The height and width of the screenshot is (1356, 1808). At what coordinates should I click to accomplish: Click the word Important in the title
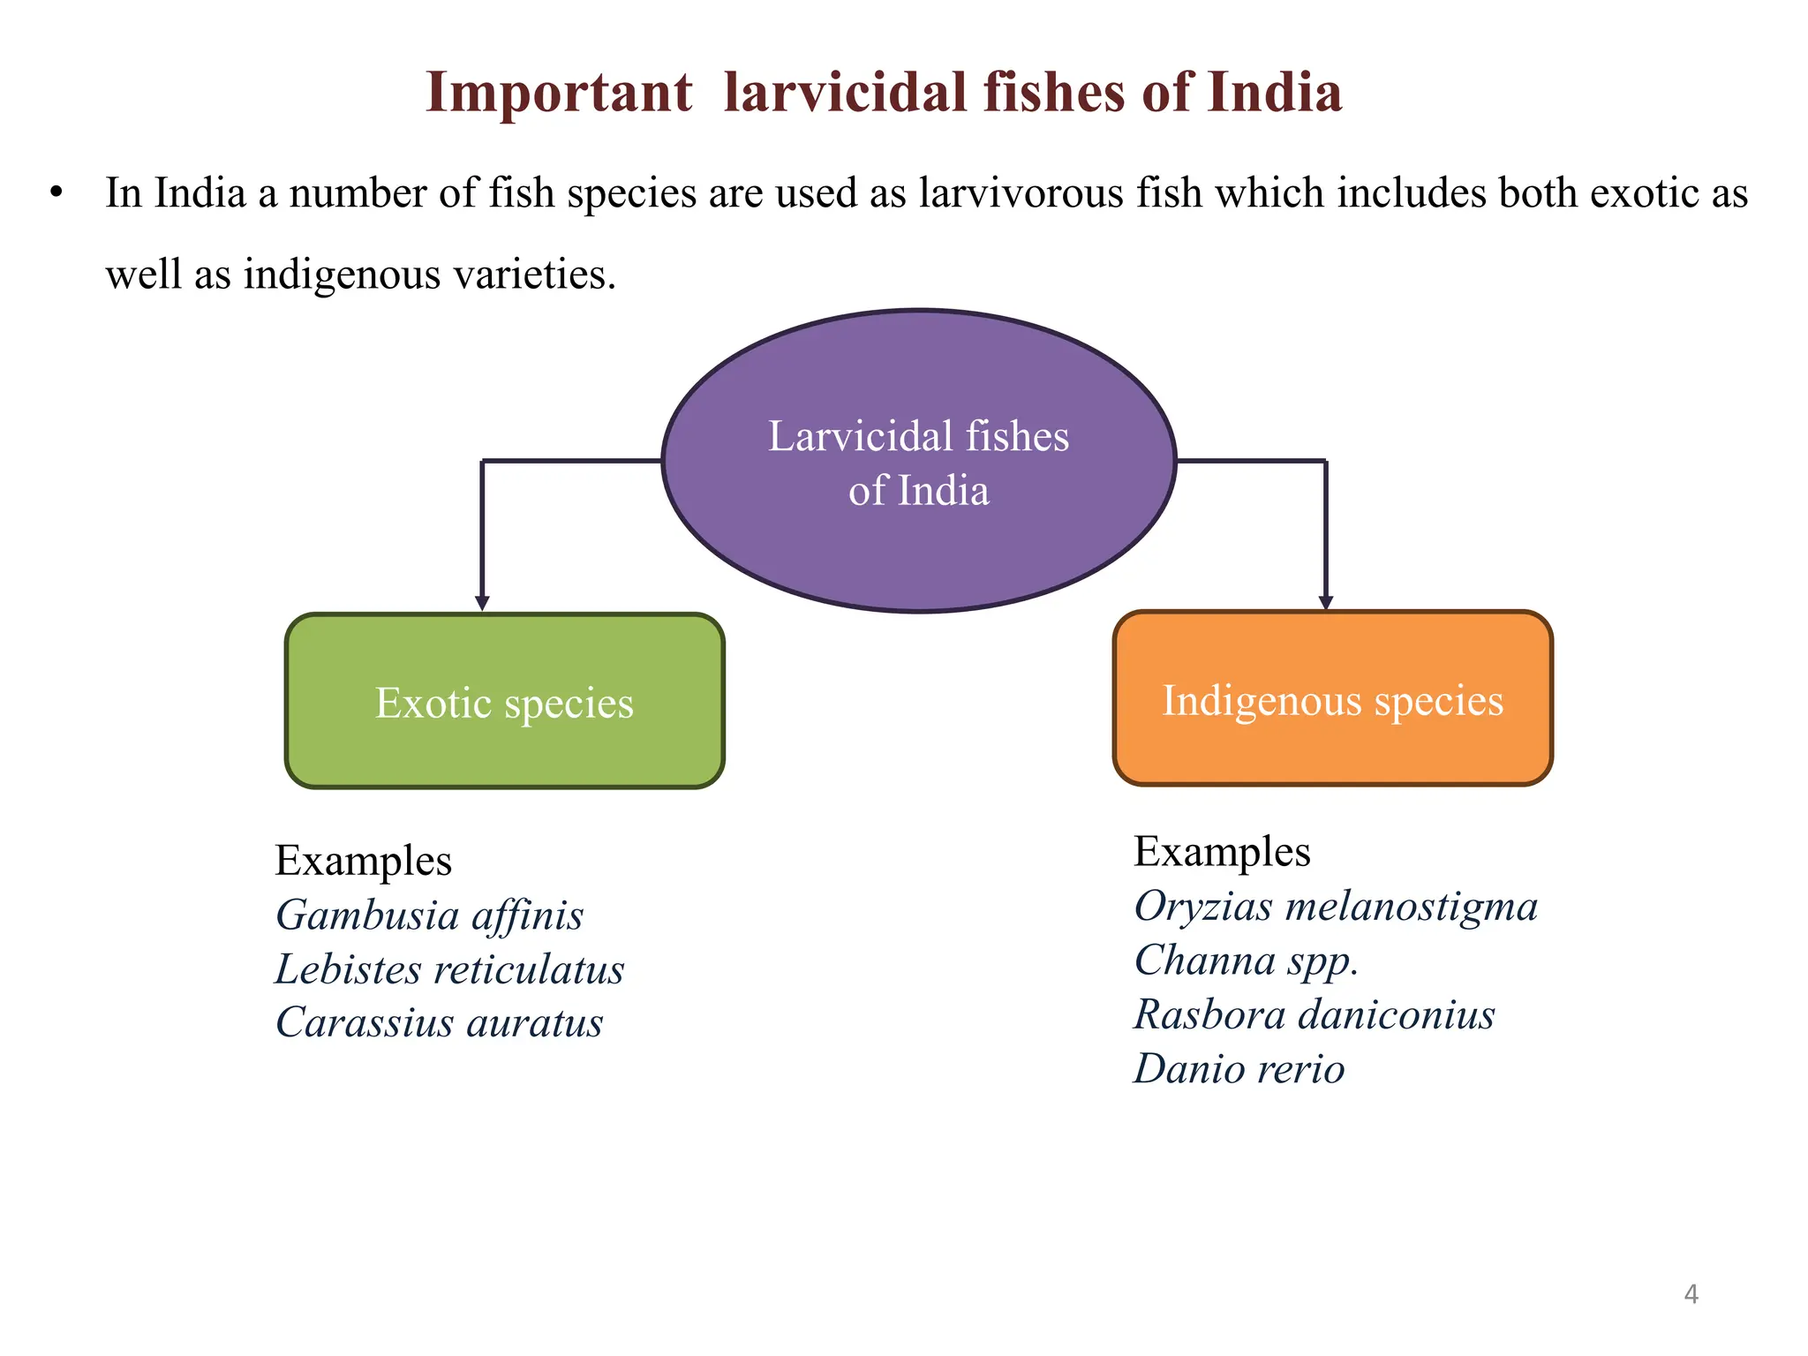coord(558,93)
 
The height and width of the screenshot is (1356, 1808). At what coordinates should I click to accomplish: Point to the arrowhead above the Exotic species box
coord(482,603)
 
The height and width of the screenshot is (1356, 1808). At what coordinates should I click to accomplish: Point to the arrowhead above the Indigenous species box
coord(1325,602)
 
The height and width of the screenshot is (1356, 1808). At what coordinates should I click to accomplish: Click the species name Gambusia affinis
coord(429,915)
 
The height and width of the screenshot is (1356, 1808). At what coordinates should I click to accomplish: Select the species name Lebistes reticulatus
coord(449,969)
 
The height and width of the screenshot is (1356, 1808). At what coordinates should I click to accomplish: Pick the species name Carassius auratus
coord(439,1022)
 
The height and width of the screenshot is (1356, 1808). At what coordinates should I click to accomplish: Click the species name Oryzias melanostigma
coord(1336,907)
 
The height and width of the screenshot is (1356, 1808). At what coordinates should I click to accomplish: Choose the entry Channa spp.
coord(1246,960)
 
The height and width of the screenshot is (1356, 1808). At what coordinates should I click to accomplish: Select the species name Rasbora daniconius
coord(1314,1014)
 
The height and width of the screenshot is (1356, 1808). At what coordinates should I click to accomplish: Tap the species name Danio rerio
coord(1239,1069)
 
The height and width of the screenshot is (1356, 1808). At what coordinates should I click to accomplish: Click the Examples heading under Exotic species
coord(363,861)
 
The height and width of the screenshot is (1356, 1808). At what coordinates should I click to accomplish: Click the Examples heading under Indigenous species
coord(1222,852)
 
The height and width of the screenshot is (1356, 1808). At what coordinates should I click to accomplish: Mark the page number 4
coord(1691,1294)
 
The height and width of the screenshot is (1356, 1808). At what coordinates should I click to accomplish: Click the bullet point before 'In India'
coord(57,192)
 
